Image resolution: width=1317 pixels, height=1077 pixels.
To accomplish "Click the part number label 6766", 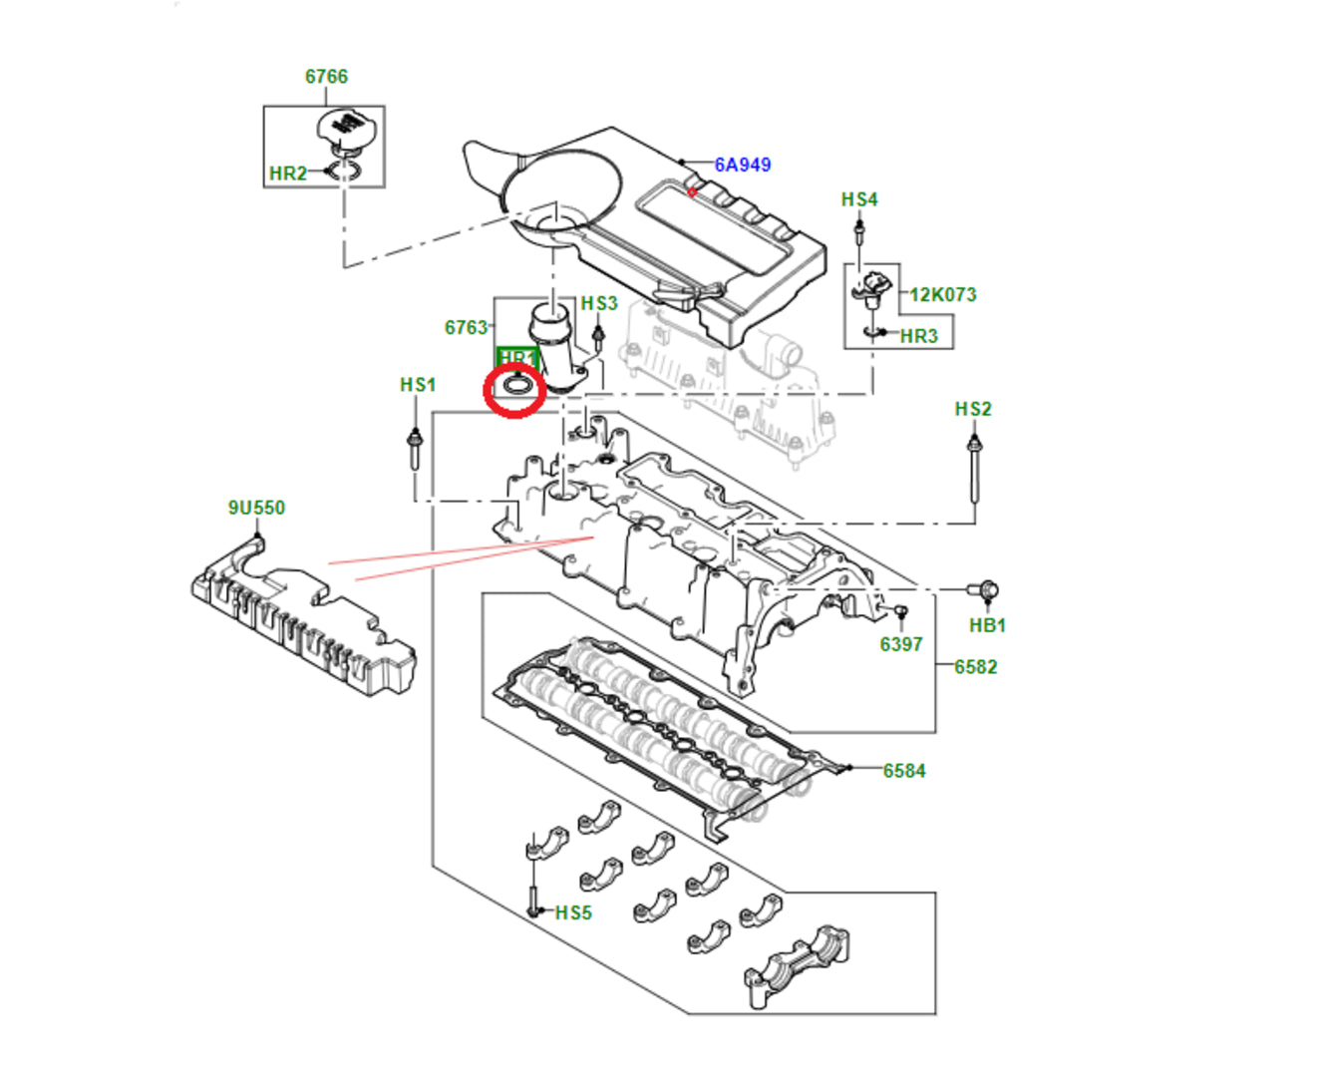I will (326, 77).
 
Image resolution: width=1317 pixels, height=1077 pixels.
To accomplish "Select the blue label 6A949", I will (742, 165).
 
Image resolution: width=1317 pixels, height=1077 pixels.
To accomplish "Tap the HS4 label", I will (858, 199).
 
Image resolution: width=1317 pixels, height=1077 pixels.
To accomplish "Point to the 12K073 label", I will (942, 294).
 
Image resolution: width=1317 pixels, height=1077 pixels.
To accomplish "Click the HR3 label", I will (918, 336).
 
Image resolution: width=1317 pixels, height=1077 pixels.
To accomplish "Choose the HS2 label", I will (973, 409).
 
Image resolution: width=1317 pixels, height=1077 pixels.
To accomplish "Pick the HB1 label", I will (987, 625).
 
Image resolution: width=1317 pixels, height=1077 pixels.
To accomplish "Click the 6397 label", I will (900, 644).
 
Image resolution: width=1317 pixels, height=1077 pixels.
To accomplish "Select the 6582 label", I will (975, 666).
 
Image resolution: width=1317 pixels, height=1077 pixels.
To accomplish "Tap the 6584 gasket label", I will (903, 770).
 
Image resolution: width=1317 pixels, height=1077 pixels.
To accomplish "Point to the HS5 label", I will (573, 912).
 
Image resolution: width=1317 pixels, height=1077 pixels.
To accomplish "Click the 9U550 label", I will (256, 508).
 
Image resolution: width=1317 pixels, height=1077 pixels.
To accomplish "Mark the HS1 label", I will (418, 384).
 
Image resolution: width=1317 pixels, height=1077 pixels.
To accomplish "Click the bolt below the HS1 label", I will (414, 449).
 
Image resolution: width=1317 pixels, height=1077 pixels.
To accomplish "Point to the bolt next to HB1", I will (985, 590).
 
